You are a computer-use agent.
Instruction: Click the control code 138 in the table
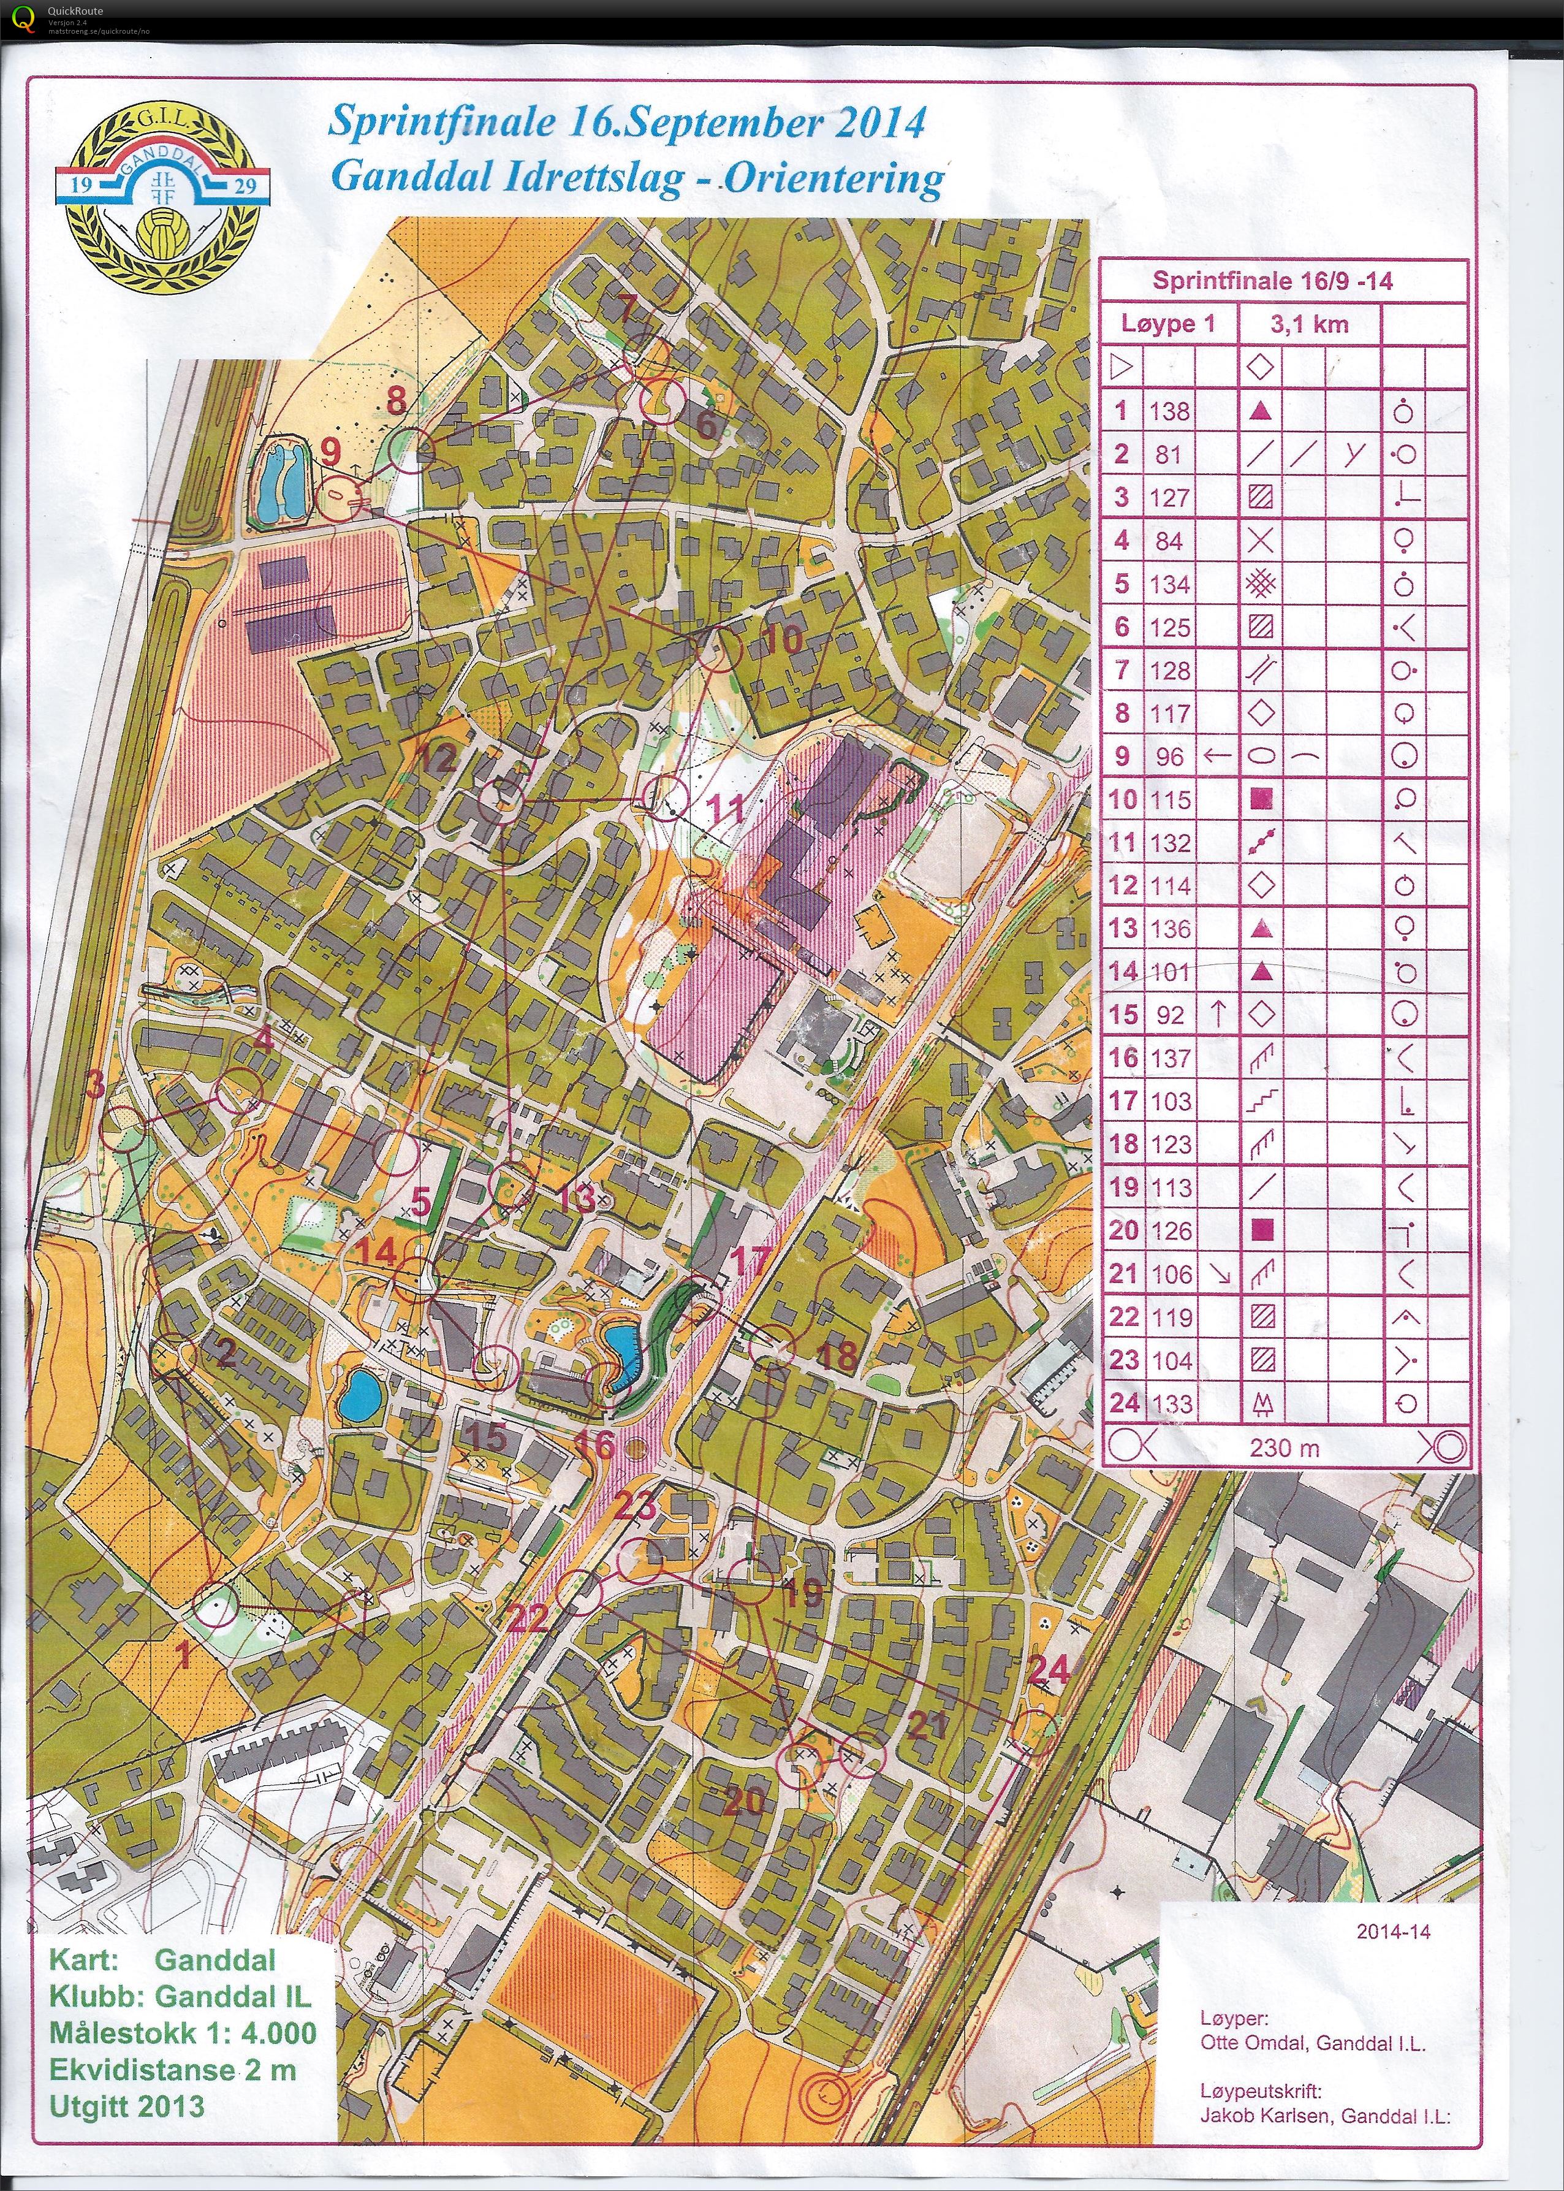pos(1169,411)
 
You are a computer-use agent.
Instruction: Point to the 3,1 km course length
pos(1309,324)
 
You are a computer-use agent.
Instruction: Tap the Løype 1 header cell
pos(1167,324)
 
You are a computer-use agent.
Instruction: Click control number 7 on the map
pos(627,309)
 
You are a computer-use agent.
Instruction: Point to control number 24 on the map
pos(1049,1670)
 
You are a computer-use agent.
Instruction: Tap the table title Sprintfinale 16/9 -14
pos(1272,281)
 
